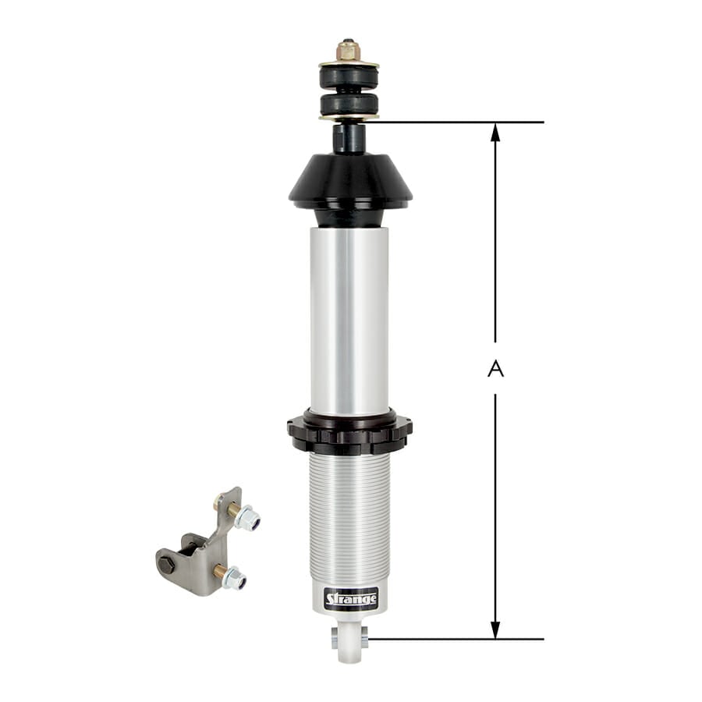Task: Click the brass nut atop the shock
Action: click(349, 51)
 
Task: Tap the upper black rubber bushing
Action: click(349, 76)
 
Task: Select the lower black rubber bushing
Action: click(349, 104)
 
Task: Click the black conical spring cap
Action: click(349, 182)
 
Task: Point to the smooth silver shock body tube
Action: click(349, 320)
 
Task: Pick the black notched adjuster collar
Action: click(349, 434)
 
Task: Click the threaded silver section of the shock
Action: click(349, 515)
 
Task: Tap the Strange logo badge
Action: click(351, 599)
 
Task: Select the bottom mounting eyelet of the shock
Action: click(349, 640)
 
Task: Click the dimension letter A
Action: click(495, 369)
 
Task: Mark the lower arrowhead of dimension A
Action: click(495, 630)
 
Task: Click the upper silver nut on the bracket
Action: click(249, 519)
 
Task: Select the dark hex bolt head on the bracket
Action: click(167, 564)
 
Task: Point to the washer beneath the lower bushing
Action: click(349, 118)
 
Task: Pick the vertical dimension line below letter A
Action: click(495, 507)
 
